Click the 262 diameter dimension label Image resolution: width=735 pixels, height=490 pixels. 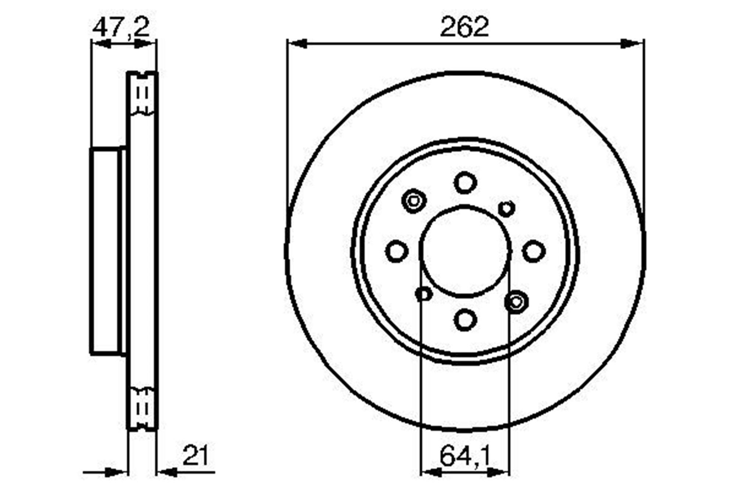[465, 26]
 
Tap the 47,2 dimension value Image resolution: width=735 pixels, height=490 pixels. [121, 27]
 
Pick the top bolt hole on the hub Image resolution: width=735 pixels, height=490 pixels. [465, 182]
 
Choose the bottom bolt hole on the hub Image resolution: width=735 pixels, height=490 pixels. [465, 319]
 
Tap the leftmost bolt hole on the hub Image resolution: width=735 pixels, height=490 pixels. [397, 251]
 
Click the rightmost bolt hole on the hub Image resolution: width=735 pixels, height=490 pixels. [534, 251]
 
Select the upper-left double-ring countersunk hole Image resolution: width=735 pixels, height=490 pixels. [414, 201]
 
